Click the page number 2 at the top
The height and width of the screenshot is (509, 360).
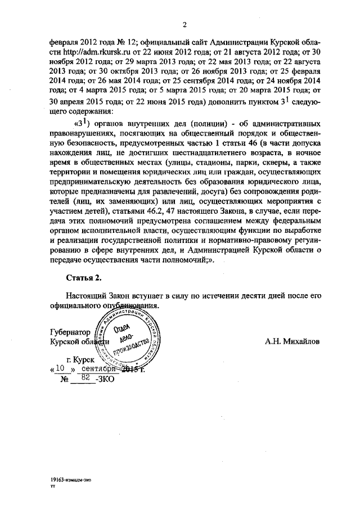coord(184,24)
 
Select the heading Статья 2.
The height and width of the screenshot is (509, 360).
coord(84,277)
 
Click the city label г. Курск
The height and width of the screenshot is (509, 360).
coord(79,358)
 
